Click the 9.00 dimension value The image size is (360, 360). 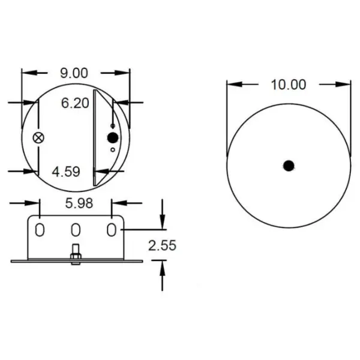[74, 73]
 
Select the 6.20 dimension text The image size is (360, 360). [75, 103]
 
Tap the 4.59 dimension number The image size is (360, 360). [66, 172]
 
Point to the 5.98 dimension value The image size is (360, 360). [79, 203]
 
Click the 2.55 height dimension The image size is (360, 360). [162, 245]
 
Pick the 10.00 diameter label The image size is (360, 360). [289, 85]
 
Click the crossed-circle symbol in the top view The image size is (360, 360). [38, 138]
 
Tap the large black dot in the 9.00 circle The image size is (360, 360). [113, 138]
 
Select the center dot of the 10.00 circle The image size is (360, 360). [289, 166]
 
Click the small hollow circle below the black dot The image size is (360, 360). [113, 149]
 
